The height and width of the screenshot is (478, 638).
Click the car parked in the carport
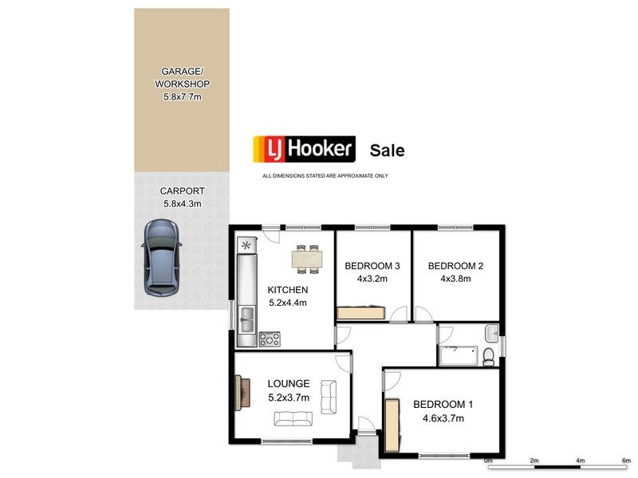(x=161, y=256)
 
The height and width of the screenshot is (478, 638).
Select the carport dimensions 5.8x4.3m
(x=182, y=204)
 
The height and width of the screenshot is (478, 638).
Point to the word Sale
(x=387, y=150)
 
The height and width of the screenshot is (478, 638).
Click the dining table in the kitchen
(x=307, y=257)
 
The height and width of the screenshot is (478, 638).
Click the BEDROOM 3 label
(x=372, y=266)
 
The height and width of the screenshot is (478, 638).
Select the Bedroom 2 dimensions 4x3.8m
(x=455, y=279)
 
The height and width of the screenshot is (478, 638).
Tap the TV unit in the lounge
(x=239, y=392)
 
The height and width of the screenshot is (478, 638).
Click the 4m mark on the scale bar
(x=581, y=460)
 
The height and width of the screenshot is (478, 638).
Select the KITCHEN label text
(x=287, y=290)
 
